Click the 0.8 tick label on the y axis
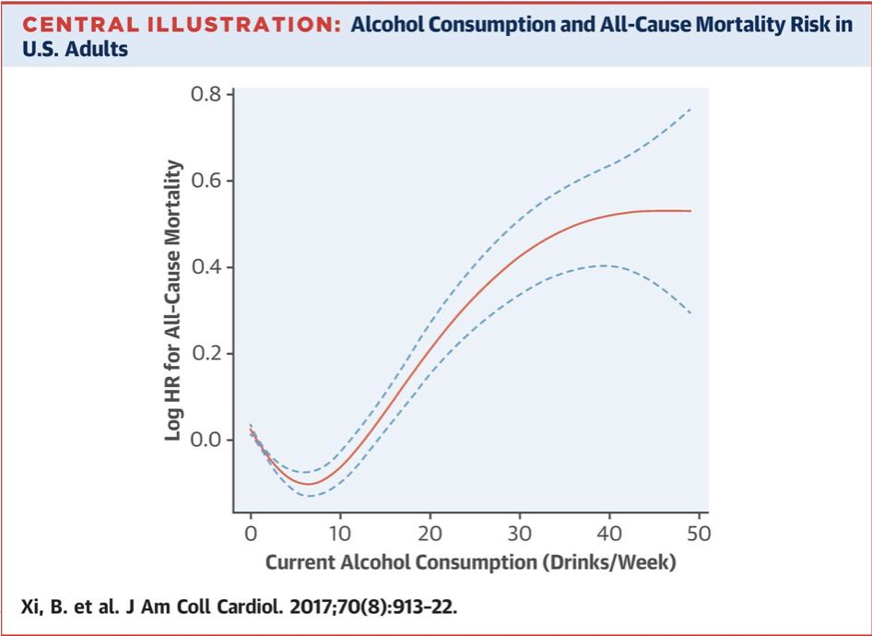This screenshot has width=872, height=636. pyautogui.click(x=207, y=95)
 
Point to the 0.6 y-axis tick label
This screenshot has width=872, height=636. pyautogui.click(x=207, y=182)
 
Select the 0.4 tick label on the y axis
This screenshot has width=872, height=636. pyautogui.click(x=207, y=267)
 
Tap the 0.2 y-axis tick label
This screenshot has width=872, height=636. pyautogui.click(x=207, y=354)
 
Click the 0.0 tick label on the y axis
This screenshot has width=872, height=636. pyautogui.click(x=207, y=440)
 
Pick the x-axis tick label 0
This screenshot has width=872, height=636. pyautogui.click(x=251, y=533)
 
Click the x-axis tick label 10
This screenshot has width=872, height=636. pyautogui.click(x=340, y=533)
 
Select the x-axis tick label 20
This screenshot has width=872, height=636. pyautogui.click(x=430, y=533)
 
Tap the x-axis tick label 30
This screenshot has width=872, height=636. pyautogui.click(x=519, y=533)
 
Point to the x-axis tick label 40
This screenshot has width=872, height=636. pyautogui.click(x=608, y=533)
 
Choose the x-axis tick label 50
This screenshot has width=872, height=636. pyautogui.click(x=698, y=533)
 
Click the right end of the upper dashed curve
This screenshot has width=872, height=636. pyautogui.click(x=690, y=108)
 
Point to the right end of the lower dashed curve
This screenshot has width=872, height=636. pyautogui.click(x=690, y=313)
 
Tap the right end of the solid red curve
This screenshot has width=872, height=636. pyautogui.click(x=690, y=211)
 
